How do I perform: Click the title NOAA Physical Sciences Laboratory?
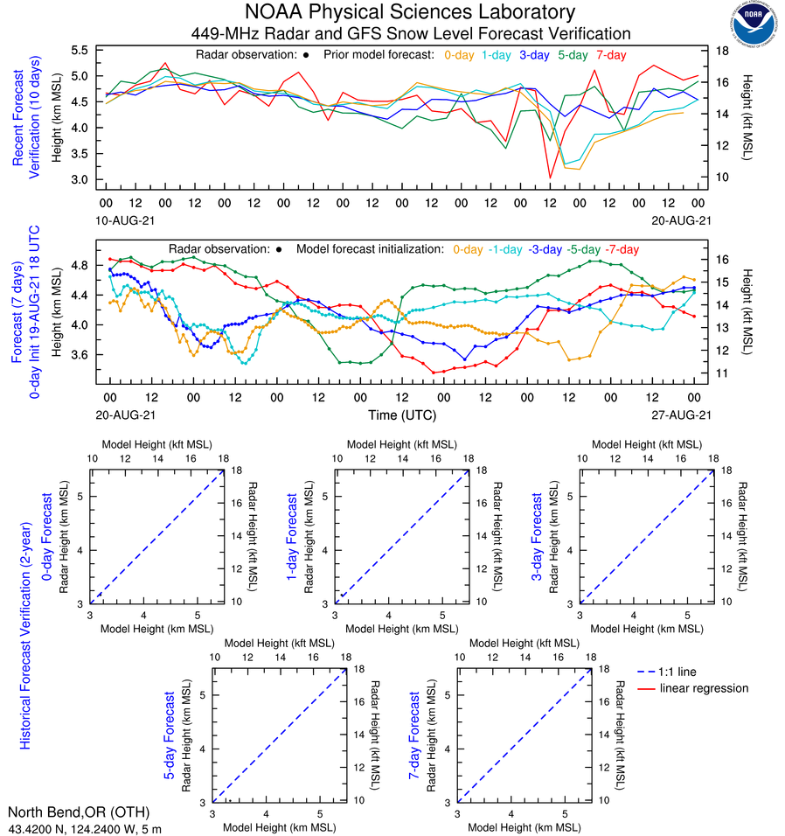tap(410, 12)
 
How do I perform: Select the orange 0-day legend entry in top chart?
tap(458, 54)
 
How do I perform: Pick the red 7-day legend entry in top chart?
tap(612, 54)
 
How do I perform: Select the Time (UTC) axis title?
tap(403, 415)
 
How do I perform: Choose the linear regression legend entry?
tap(704, 688)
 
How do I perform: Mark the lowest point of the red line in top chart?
tap(550, 178)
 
